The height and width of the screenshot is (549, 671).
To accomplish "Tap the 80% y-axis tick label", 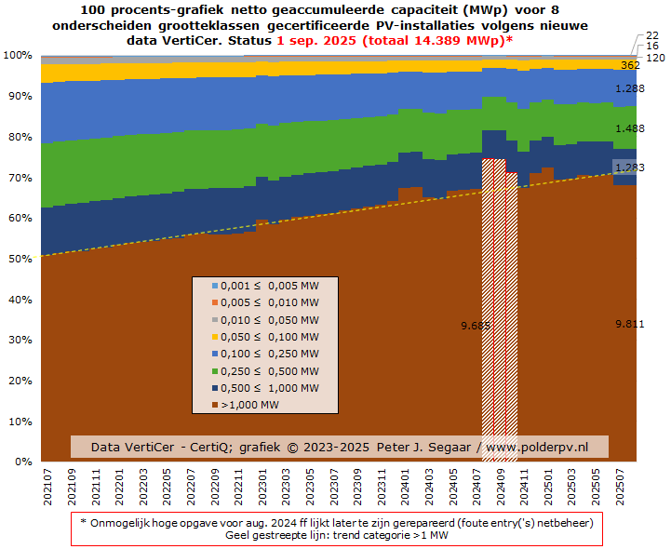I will tap(19, 137).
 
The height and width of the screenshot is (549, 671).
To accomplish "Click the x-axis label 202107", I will tap(47, 487).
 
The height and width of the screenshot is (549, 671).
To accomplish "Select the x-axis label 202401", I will tap(404, 487).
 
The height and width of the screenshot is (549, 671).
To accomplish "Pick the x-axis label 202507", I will tap(619, 487).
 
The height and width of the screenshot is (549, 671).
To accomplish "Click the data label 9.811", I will tap(630, 324).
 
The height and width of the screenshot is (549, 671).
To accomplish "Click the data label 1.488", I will tap(630, 129).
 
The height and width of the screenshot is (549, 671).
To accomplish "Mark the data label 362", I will tap(630, 65).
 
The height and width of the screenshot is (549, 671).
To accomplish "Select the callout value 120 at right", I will tap(654, 58).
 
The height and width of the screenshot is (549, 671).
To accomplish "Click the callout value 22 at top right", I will tap(652, 35).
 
